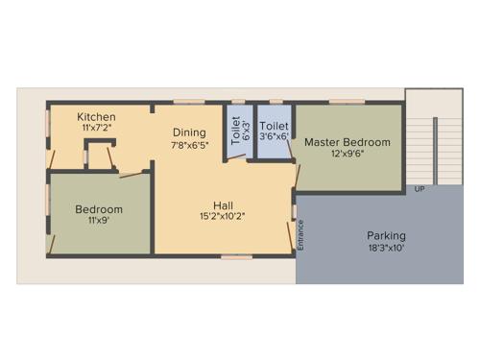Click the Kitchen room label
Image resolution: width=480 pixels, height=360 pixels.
click(98, 116)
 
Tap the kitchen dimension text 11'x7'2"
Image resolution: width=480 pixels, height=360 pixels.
click(98, 127)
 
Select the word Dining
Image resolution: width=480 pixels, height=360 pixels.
click(189, 133)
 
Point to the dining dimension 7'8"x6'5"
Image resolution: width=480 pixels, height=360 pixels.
click(189, 146)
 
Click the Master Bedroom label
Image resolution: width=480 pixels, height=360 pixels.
click(348, 142)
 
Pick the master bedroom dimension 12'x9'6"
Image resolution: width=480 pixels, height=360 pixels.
click(348, 155)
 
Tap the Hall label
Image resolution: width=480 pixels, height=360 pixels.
click(224, 204)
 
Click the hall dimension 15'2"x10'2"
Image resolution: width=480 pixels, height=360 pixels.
click(224, 216)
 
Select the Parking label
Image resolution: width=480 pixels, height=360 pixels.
click(386, 235)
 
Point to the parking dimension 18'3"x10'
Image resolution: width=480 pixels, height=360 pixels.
click(386, 248)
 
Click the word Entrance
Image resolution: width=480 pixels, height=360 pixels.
click(300, 236)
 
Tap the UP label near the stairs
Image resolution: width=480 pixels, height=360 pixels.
click(420, 189)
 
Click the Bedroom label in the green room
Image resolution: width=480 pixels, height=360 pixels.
click(99, 208)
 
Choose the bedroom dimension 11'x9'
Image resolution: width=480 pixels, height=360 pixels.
click(99, 220)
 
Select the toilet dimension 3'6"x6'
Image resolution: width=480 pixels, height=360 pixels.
click(275, 137)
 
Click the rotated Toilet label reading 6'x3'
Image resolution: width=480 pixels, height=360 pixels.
click(236, 130)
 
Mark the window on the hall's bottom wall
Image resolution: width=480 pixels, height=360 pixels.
click(236, 256)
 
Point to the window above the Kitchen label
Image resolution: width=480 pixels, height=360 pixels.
click(98, 101)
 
